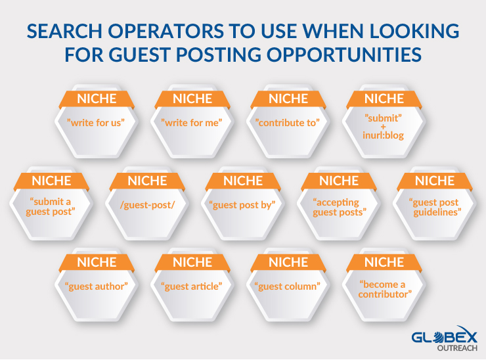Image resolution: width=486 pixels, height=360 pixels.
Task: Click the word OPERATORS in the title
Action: (166, 31)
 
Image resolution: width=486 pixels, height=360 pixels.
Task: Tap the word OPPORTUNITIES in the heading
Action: (344, 55)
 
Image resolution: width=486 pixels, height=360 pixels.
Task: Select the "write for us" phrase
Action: (96, 123)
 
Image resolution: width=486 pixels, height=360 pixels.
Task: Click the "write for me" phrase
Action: (192, 123)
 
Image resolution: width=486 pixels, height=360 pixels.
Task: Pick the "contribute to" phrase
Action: (287, 123)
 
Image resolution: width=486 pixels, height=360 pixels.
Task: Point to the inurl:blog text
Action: (383, 135)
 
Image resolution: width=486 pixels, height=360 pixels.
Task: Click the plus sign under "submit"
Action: (384, 127)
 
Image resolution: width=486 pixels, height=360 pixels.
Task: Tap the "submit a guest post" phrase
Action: (51, 206)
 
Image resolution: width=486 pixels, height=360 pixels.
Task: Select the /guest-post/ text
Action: (148, 205)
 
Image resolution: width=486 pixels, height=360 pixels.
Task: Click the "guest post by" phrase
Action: (242, 205)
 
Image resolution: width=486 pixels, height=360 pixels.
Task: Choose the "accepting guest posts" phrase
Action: (339, 207)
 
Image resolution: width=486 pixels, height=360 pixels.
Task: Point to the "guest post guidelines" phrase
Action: (435, 207)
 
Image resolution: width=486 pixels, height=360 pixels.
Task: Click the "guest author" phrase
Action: (97, 286)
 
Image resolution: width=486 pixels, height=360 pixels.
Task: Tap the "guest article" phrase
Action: (192, 286)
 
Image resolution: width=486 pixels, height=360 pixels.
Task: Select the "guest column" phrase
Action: (287, 286)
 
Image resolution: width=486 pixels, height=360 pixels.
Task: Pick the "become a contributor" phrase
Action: (385, 289)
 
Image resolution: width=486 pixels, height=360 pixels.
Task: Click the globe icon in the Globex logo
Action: (439, 337)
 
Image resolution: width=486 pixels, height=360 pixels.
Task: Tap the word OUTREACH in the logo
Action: (457, 348)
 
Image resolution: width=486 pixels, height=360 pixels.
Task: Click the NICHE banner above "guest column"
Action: (288, 262)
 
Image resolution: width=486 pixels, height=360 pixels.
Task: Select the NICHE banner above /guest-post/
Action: (147, 181)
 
